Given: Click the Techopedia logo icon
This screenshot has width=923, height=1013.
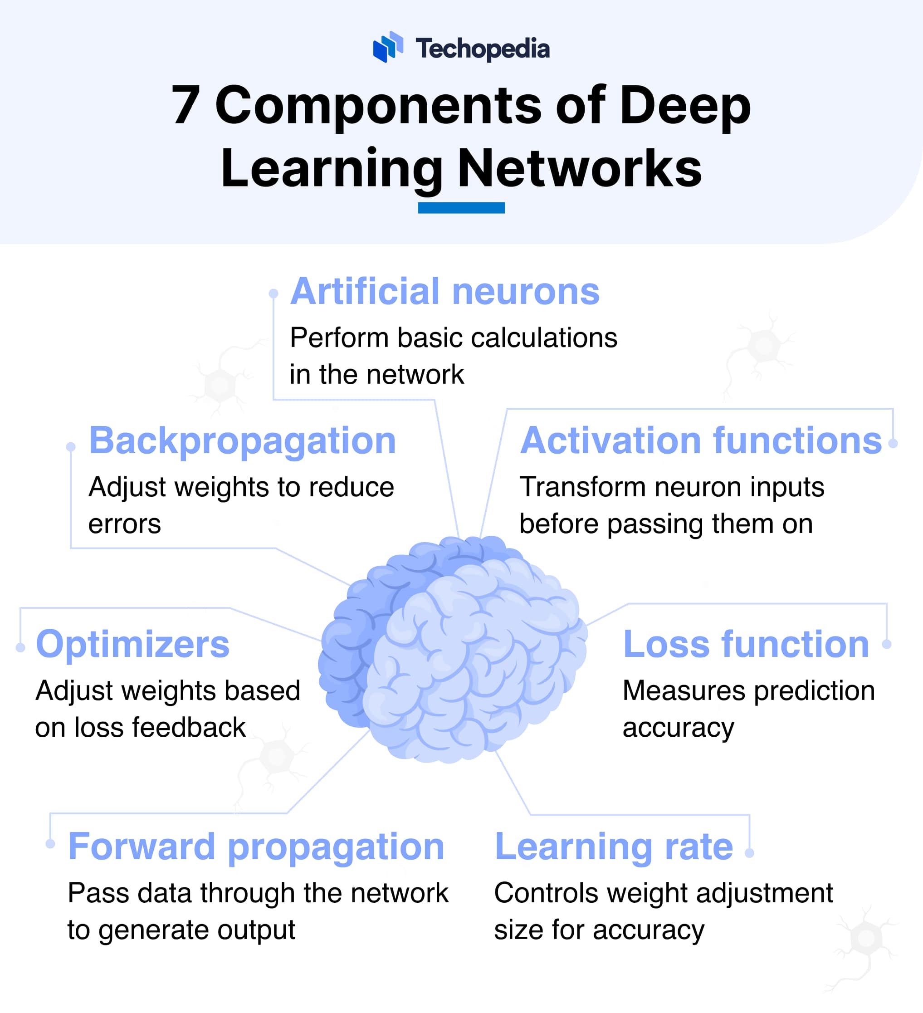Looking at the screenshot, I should [x=388, y=47].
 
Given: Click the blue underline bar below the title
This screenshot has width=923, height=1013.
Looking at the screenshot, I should [x=461, y=207].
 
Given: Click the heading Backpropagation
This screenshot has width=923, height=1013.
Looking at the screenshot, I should [x=242, y=440].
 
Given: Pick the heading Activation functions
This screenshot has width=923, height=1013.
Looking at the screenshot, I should [x=700, y=440].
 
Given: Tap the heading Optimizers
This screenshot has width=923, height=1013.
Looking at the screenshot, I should [x=132, y=644].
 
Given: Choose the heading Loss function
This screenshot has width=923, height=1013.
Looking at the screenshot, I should [x=746, y=644].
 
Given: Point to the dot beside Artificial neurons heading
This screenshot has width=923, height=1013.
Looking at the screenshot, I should [x=273, y=294].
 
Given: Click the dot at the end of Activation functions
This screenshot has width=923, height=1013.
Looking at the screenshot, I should [x=893, y=443].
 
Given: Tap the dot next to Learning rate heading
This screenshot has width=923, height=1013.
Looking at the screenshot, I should [x=749, y=853].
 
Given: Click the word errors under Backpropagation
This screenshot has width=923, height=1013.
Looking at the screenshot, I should [x=125, y=524].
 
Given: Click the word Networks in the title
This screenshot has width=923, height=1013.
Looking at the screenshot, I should [x=579, y=168].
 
